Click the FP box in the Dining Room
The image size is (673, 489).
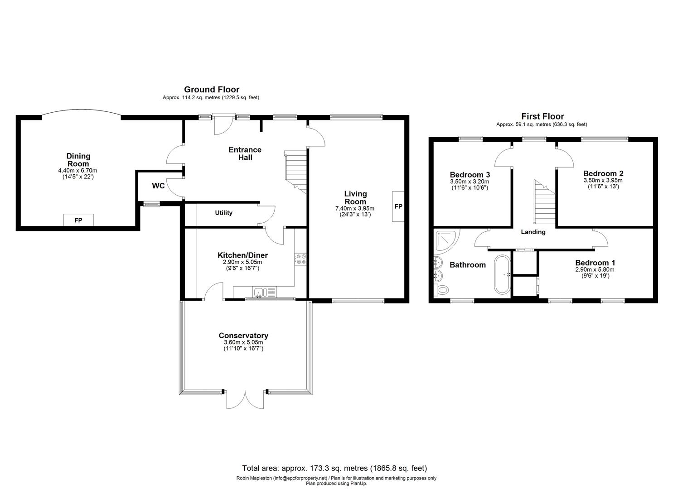(x=78, y=220)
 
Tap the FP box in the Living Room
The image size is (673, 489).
(x=398, y=206)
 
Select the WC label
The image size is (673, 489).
(x=158, y=186)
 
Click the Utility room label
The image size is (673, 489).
(x=223, y=213)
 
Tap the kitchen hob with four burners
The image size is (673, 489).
(x=301, y=259)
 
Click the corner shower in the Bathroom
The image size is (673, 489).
(x=445, y=240)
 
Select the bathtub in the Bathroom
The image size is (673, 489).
(x=502, y=274)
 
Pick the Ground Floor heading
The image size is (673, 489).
(x=211, y=90)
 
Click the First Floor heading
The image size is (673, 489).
(x=542, y=116)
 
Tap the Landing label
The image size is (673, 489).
(x=533, y=232)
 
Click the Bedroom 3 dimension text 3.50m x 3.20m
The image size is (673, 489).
(x=470, y=182)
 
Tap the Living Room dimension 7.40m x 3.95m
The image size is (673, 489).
(x=355, y=208)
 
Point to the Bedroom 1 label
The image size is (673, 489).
(x=595, y=263)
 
